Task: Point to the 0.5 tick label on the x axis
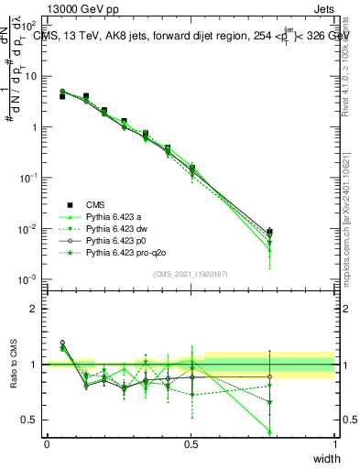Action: [191, 444]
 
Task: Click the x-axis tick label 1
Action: [334, 444]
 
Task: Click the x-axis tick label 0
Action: [47, 444]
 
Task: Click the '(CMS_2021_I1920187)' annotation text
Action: [190, 273]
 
